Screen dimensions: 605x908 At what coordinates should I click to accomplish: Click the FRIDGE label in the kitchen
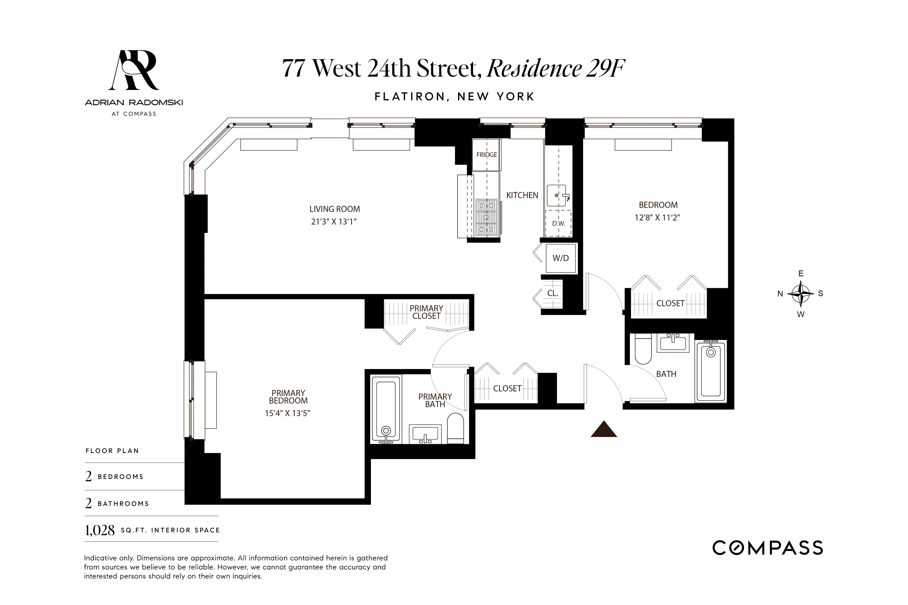[x=487, y=155]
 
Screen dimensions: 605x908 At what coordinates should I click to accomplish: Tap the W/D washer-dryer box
[x=560, y=258]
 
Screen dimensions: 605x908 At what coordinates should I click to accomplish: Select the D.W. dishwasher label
[x=558, y=223]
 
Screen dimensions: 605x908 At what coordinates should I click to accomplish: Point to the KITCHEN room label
[x=522, y=195]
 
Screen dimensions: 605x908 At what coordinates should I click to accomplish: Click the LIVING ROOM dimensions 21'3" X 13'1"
[x=334, y=222]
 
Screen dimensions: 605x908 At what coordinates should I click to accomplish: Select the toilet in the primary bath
[x=456, y=428]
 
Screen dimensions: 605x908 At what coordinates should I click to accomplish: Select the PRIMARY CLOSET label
[x=426, y=312]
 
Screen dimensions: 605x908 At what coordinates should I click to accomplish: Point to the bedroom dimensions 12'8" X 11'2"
[x=657, y=218]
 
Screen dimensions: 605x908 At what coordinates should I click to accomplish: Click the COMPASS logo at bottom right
[x=768, y=548]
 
